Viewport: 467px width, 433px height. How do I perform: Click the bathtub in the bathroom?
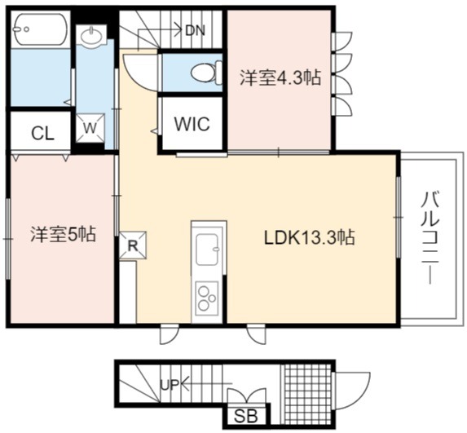(41, 29)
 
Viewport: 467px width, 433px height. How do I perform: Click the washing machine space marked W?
(90, 128)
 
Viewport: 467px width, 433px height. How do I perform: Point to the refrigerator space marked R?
(133, 245)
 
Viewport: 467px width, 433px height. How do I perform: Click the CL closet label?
(43, 134)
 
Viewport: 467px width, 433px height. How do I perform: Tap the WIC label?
(192, 124)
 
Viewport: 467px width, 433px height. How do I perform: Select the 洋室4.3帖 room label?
(280, 78)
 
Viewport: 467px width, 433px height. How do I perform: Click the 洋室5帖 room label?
(63, 234)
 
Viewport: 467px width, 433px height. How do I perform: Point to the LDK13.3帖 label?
(310, 237)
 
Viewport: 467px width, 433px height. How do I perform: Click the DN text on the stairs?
(195, 30)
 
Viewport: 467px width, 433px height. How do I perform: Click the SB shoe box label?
(246, 416)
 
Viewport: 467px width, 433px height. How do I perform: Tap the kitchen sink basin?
(208, 250)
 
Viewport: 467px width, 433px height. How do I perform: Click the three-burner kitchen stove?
(207, 298)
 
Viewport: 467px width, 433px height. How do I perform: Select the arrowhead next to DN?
(178, 30)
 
